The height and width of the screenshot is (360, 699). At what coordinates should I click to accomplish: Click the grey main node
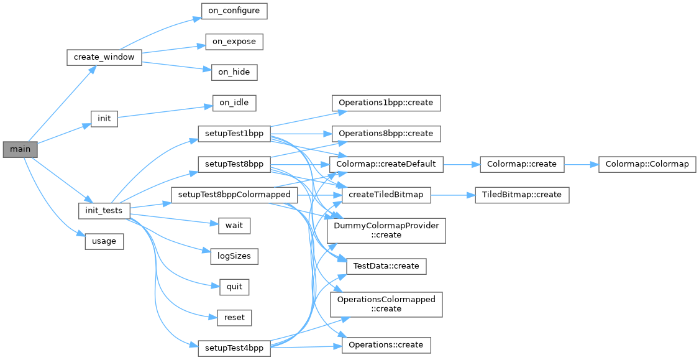(x=20, y=150)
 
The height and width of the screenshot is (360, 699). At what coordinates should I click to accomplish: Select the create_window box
(x=104, y=57)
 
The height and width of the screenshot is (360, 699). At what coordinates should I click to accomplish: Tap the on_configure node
(x=234, y=11)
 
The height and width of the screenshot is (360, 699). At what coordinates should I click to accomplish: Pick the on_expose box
(x=234, y=42)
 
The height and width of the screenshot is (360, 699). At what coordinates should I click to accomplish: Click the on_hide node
(x=234, y=72)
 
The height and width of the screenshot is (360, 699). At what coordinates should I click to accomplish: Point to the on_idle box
(x=234, y=103)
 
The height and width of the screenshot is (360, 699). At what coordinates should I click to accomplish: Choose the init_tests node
(x=104, y=211)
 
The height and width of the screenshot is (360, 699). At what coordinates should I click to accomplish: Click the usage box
(x=104, y=241)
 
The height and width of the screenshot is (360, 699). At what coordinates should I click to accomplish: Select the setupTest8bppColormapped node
(x=234, y=195)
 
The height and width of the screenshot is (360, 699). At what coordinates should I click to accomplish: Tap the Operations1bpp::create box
(x=386, y=103)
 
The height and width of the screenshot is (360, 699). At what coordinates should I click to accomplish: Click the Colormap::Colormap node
(x=647, y=165)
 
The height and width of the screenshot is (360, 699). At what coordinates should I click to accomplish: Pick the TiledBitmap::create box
(x=522, y=195)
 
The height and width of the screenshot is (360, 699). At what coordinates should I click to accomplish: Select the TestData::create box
(x=386, y=266)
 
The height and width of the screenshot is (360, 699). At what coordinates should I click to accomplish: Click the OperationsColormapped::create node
(x=386, y=304)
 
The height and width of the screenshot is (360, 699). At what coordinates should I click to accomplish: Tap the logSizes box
(x=234, y=256)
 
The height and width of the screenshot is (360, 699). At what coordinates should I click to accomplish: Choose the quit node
(x=234, y=287)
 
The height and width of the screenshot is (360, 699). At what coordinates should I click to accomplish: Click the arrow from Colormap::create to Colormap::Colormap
(x=581, y=165)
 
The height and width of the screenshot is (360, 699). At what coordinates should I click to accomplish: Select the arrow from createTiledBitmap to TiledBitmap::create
(x=452, y=195)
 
